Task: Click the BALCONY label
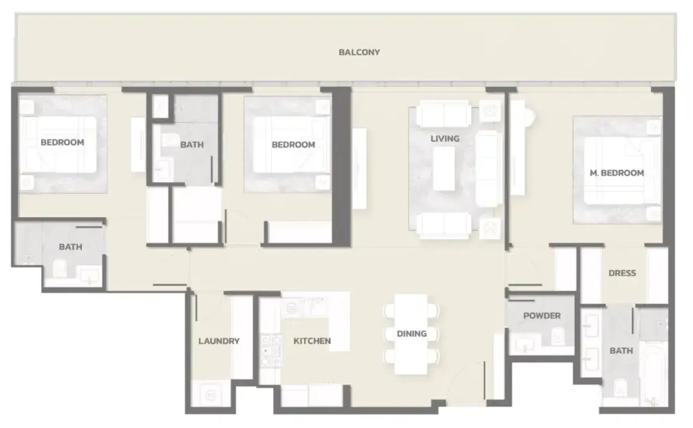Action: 359,52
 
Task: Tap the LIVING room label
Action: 445,139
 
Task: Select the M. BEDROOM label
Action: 616,173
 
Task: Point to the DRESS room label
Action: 622,273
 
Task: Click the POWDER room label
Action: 542,316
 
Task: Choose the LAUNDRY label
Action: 219,341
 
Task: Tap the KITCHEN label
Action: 312,341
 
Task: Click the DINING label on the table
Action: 412,334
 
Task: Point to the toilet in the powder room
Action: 557,336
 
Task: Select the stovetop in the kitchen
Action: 270,351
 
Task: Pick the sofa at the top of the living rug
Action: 444,114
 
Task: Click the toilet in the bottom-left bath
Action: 60,268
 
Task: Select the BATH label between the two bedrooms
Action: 192,145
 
